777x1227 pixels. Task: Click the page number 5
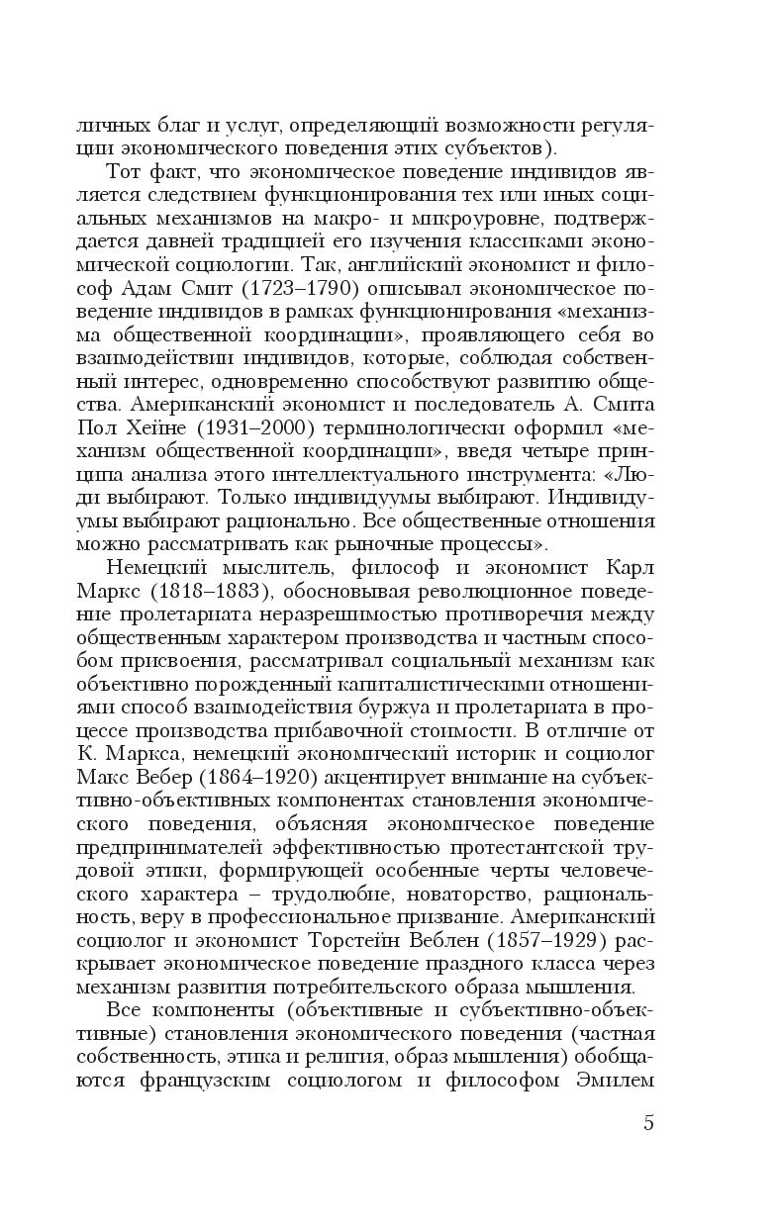pyautogui.click(x=648, y=1122)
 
